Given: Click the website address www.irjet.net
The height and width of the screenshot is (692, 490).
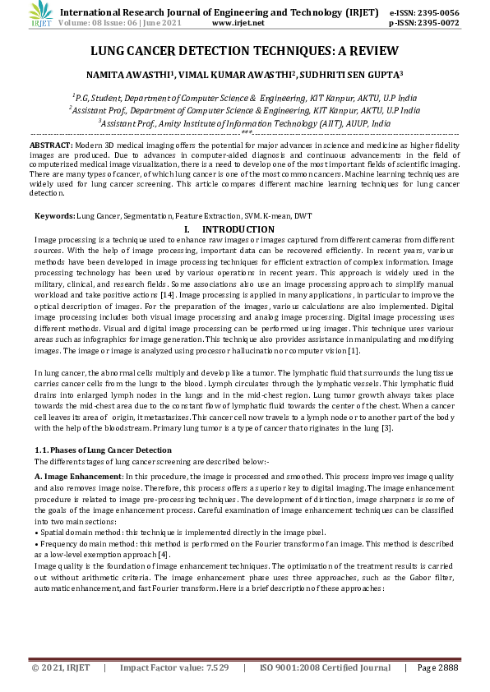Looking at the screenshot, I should coord(245,24).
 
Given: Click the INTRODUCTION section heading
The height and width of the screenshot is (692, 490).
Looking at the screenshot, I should coord(238,228).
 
